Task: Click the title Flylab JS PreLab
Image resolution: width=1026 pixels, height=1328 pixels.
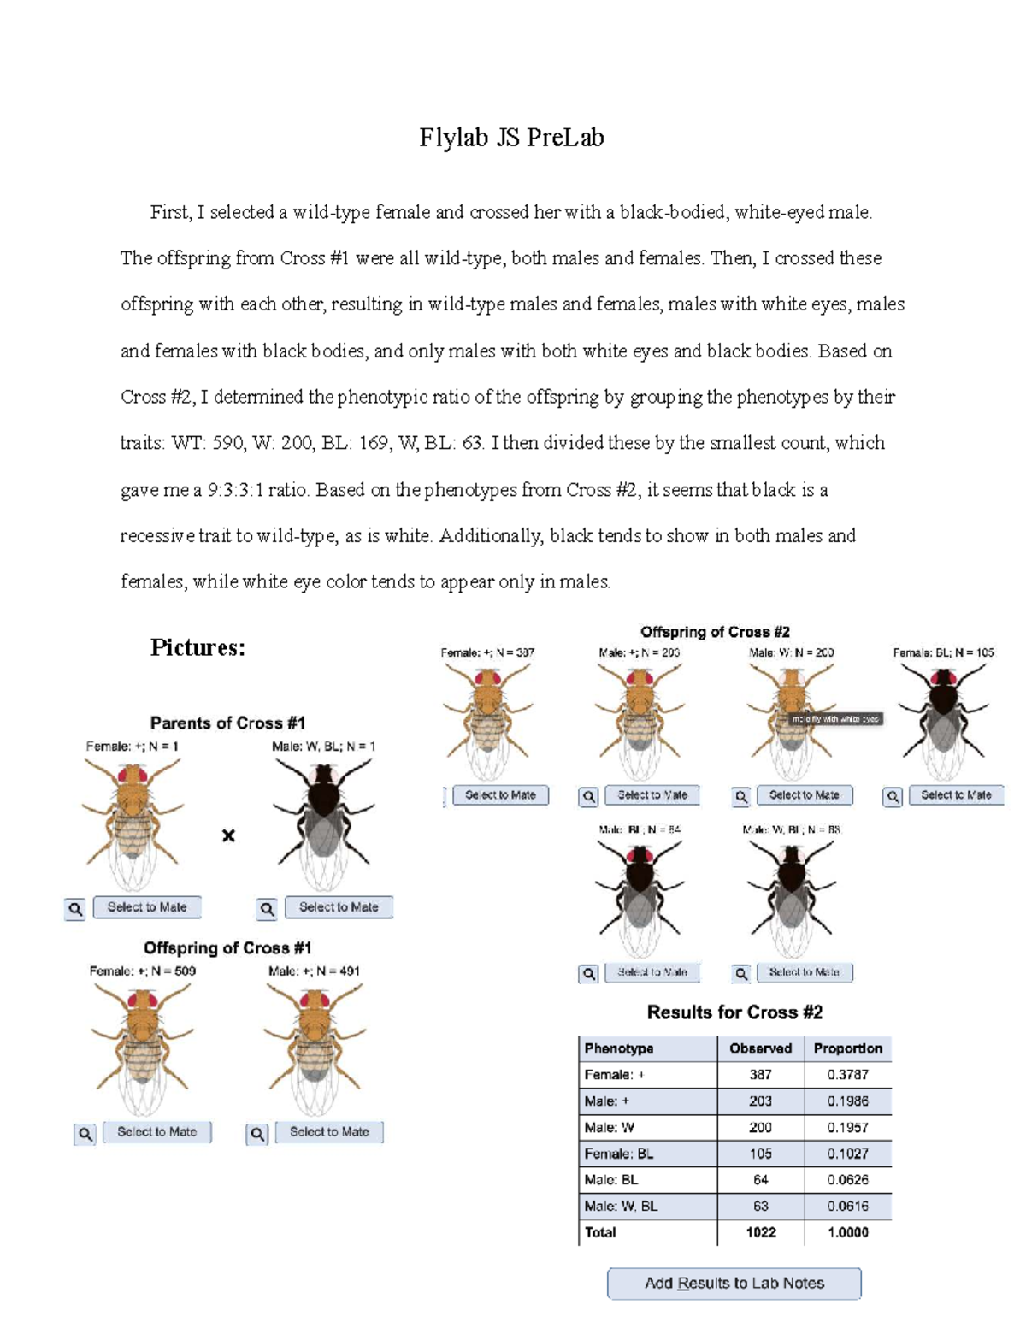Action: (511, 138)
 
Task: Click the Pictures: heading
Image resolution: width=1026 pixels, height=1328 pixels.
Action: (198, 647)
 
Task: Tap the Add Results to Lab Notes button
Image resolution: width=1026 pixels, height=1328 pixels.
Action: (734, 1283)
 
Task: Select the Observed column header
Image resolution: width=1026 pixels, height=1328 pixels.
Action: (760, 1048)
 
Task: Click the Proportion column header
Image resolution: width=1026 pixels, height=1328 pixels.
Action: (847, 1048)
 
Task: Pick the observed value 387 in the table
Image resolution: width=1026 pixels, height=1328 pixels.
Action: (760, 1075)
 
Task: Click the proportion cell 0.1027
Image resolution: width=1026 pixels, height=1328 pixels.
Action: (847, 1154)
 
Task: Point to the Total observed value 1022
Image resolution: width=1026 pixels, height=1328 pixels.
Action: (760, 1232)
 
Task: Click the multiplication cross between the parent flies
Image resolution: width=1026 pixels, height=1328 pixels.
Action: (228, 835)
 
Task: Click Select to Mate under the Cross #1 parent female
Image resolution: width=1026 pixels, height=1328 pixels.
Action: (147, 907)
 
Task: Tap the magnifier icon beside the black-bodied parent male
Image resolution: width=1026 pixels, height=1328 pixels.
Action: (267, 908)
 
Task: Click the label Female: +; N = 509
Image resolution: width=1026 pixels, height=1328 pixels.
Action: (142, 971)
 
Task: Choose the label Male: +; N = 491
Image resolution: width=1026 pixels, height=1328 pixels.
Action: (314, 971)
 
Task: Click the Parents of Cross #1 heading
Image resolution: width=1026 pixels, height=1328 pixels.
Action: (227, 723)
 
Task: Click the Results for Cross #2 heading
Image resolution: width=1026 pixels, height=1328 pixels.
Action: (734, 1012)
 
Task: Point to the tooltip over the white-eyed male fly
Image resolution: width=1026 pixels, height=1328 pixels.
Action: (834, 719)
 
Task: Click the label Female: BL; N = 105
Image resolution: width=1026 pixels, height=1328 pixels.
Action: (943, 652)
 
